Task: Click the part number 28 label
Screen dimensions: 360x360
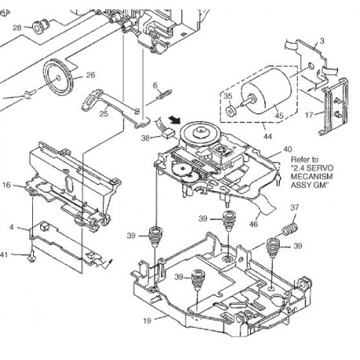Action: [17, 28]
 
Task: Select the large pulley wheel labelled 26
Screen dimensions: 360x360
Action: [58, 78]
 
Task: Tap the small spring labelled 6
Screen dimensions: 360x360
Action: [164, 94]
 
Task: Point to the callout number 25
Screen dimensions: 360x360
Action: [104, 114]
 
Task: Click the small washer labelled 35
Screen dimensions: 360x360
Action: [231, 111]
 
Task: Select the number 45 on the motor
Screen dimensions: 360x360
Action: [279, 116]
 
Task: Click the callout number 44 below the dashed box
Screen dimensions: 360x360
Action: [268, 136]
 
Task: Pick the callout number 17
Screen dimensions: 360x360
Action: [309, 115]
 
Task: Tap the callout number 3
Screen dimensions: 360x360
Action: [322, 41]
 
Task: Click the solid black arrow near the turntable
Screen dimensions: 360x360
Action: [174, 119]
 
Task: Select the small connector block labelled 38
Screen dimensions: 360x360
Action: [168, 134]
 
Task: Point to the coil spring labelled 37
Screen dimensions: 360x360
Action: [290, 229]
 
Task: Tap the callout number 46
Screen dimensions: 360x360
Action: [253, 224]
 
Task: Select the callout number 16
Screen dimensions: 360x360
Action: [6, 185]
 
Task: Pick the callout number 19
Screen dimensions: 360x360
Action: [148, 321]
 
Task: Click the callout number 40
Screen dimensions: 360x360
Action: [288, 149]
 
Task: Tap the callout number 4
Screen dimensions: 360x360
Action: [11, 226]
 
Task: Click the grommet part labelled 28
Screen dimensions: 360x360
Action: [40, 27]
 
